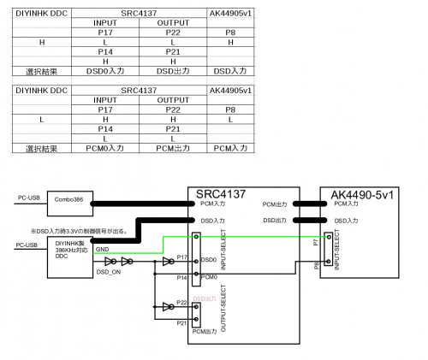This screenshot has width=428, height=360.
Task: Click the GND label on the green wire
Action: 102,251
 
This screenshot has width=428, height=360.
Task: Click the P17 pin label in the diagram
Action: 181,257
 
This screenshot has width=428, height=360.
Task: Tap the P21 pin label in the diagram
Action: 181,323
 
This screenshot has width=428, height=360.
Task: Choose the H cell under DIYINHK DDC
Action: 42,41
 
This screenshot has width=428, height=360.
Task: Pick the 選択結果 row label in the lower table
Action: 42,148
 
